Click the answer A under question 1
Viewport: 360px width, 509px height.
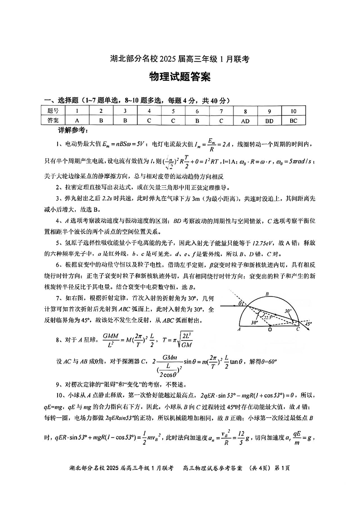pyautogui.click(x=78, y=121)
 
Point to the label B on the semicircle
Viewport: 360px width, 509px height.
pyautogui.click(x=267, y=295)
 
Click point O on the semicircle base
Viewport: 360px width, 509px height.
pyautogui.click(x=270, y=330)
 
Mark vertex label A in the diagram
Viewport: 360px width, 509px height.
pyautogui.click(x=239, y=330)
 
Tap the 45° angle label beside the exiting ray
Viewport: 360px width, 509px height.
pyautogui.click(x=308, y=324)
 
